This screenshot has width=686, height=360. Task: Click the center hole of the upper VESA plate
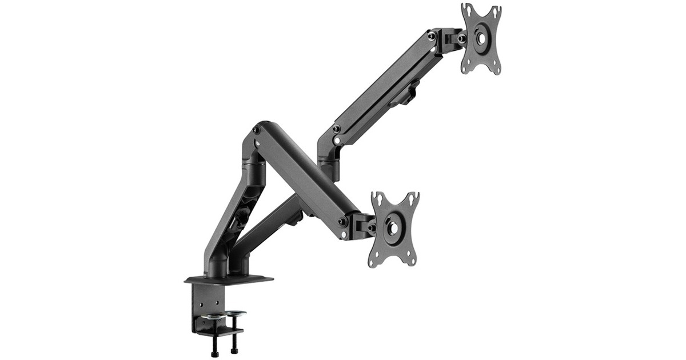[481, 38]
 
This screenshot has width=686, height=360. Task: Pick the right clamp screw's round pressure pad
[235, 313]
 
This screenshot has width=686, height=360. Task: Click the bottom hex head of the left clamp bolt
[215, 354]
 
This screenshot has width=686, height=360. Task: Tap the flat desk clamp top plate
[229, 279]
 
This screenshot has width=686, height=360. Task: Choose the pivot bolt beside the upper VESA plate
[461, 38]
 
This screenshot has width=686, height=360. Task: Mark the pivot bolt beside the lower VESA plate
[372, 227]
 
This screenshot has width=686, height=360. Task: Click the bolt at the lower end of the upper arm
[336, 129]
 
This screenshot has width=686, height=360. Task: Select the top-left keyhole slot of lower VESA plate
[377, 199]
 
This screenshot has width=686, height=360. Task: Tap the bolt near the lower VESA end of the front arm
[342, 221]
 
